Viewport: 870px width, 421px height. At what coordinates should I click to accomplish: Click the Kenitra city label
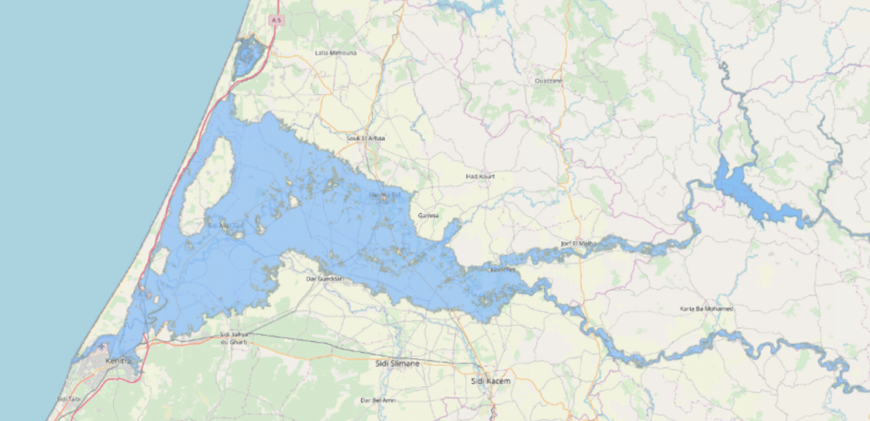pos(120,362)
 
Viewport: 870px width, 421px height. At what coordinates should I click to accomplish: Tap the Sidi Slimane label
pos(397,363)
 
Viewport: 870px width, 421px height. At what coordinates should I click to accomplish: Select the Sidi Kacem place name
pos(491,382)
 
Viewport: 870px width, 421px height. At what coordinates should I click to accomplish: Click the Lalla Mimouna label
pos(336,53)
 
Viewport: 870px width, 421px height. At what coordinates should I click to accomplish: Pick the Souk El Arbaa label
pos(366,138)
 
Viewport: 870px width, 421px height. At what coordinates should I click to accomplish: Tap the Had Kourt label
pos(480,177)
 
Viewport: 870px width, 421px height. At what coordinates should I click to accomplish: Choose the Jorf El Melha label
pos(577,244)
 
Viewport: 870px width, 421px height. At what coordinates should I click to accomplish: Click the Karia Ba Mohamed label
pos(707,308)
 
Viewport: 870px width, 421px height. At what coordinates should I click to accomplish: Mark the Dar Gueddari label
pos(324,278)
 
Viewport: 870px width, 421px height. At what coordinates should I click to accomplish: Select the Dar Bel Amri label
pos(378,400)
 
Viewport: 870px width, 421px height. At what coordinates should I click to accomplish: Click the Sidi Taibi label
pos(68,398)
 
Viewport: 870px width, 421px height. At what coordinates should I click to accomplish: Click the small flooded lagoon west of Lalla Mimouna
pos(247,58)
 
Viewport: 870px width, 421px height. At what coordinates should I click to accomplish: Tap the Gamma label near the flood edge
pos(429,216)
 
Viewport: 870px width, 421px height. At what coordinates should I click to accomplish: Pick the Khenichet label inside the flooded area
pos(503,270)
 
